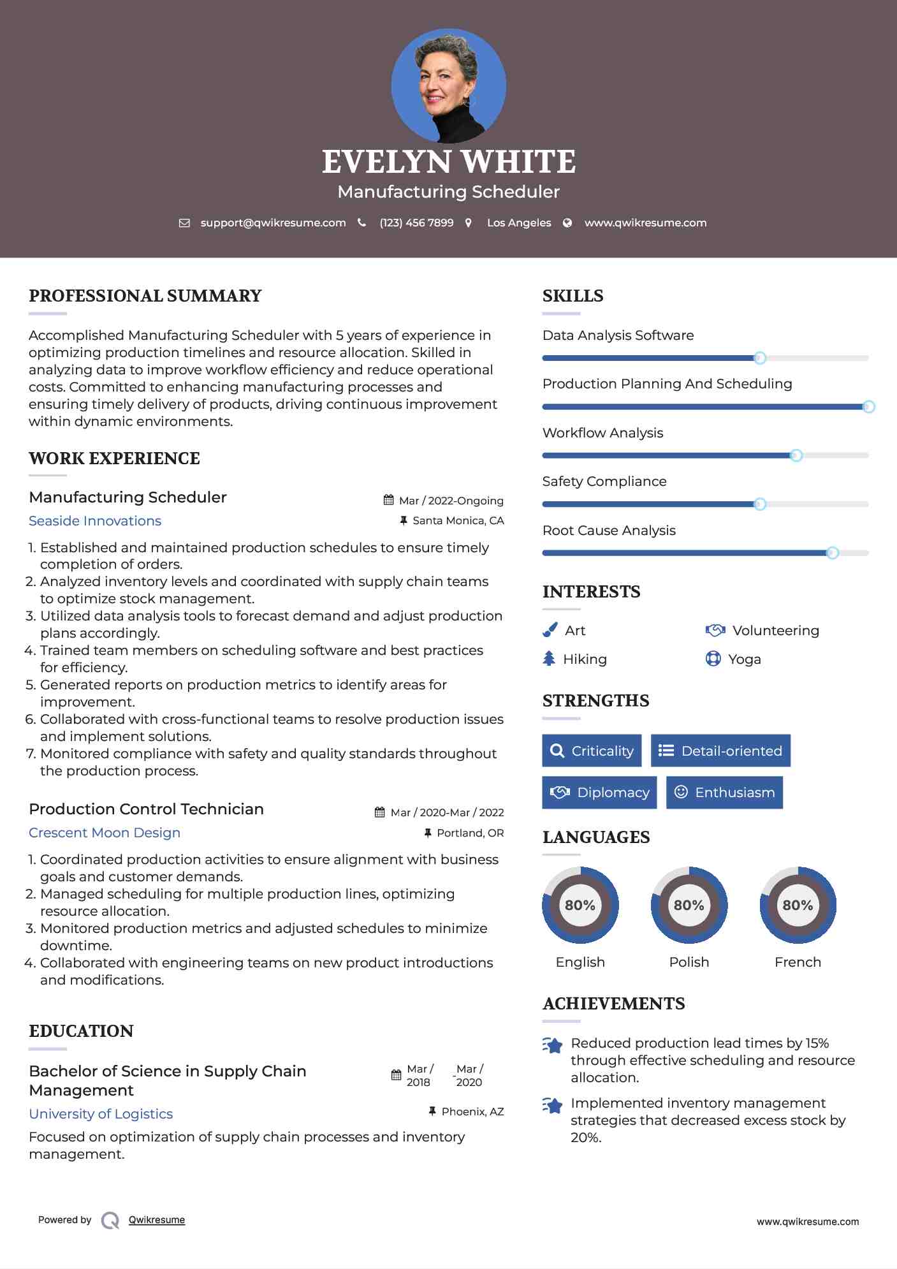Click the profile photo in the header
tap(448, 85)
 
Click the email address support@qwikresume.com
tap(273, 223)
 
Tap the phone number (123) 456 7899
tap(416, 223)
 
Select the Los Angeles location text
tap(519, 223)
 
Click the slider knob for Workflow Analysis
tap(796, 455)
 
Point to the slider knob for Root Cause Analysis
tap(832, 553)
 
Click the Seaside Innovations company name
tap(95, 521)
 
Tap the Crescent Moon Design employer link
tap(105, 833)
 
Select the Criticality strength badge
tap(592, 751)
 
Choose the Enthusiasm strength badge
tap(724, 792)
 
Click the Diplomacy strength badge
tap(599, 792)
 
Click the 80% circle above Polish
tap(689, 905)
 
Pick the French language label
tap(798, 962)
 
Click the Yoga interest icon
tap(713, 659)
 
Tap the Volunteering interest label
tap(775, 631)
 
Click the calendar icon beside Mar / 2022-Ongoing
tap(388, 500)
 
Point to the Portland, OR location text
tap(470, 833)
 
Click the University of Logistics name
tap(101, 1114)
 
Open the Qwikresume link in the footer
tap(157, 1220)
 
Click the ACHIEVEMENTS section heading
tap(613, 1004)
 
